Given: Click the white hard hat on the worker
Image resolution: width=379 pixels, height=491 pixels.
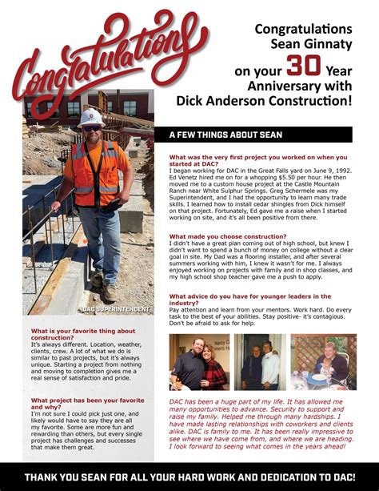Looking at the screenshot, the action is [91, 117].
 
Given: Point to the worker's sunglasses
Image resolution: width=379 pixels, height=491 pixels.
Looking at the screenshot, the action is [92, 128].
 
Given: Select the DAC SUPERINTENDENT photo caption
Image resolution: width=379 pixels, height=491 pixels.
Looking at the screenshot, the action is [117, 308].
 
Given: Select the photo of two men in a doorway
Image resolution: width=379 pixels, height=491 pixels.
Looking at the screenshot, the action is [261, 362].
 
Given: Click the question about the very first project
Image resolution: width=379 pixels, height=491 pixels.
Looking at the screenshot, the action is [257, 160].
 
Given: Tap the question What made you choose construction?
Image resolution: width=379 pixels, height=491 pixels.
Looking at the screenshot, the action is [227, 237].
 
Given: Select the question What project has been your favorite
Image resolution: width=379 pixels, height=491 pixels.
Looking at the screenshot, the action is [87, 403].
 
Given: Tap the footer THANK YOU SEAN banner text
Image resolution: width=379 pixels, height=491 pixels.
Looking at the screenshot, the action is [189, 477].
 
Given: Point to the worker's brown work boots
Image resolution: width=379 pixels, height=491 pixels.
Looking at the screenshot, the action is [102, 282].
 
